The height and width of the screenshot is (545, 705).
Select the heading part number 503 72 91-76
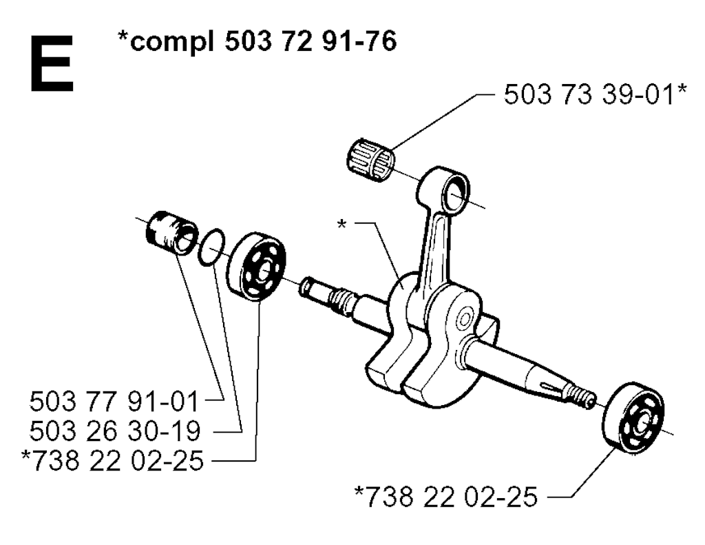pyautogui.click(x=311, y=41)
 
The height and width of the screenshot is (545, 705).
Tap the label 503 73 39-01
pyautogui.click(x=589, y=95)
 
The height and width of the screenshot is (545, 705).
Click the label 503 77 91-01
pyautogui.click(x=114, y=402)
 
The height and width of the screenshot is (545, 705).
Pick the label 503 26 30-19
pyautogui.click(x=115, y=431)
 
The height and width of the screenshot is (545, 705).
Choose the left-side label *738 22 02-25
pyautogui.click(x=112, y=460)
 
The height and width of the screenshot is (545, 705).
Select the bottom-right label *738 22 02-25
pyautogui.click(x=445, y=496)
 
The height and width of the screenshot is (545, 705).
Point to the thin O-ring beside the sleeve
pyautogui.click(x=211, y=247)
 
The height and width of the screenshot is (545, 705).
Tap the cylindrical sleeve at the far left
pyautogui.click(x=172, y=232)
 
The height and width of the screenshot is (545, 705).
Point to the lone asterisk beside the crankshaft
pyautogui.click(x=341, y=224)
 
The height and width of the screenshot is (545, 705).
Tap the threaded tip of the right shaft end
pyautogui.click(x=585, y=398)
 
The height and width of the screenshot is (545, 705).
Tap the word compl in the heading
pyautogui.click(x=165, y=42)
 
